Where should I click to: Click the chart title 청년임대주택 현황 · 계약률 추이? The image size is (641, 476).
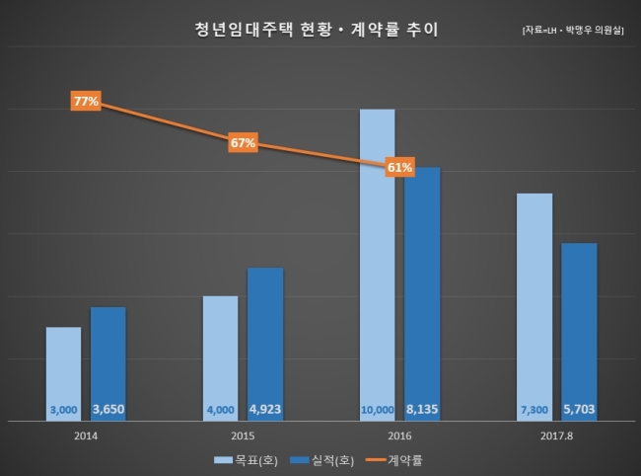click(316, 30)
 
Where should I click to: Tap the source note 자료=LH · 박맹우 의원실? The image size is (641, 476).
click(573, 31)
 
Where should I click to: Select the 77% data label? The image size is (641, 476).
click(86, 101)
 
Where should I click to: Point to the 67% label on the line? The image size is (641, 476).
click(243, 142)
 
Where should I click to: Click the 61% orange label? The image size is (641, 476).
click(399, 167)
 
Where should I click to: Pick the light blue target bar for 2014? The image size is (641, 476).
click(63, 373)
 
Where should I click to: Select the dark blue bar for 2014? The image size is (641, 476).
click(108, 363)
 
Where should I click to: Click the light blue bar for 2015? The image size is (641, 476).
click(220, 358)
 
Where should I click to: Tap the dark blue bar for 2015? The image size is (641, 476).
click(265, 345)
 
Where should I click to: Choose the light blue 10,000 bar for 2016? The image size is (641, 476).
click(378, 265)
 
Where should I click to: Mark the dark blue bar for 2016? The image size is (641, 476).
click(422, 294)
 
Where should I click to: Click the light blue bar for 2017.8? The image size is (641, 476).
click(534, 307)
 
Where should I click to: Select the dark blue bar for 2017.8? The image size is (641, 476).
click(579, 332)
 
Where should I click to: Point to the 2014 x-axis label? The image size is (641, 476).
click(86, 436)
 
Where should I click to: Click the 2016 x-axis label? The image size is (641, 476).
click(399, 436)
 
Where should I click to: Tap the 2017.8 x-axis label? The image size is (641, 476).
click(556, 436)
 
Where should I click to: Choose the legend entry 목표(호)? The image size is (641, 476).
click(247, 460)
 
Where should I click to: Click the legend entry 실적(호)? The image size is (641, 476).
click(322, 460)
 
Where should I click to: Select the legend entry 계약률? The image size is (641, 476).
click(394, 460)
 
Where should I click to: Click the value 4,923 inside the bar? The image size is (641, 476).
click(265, 409)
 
